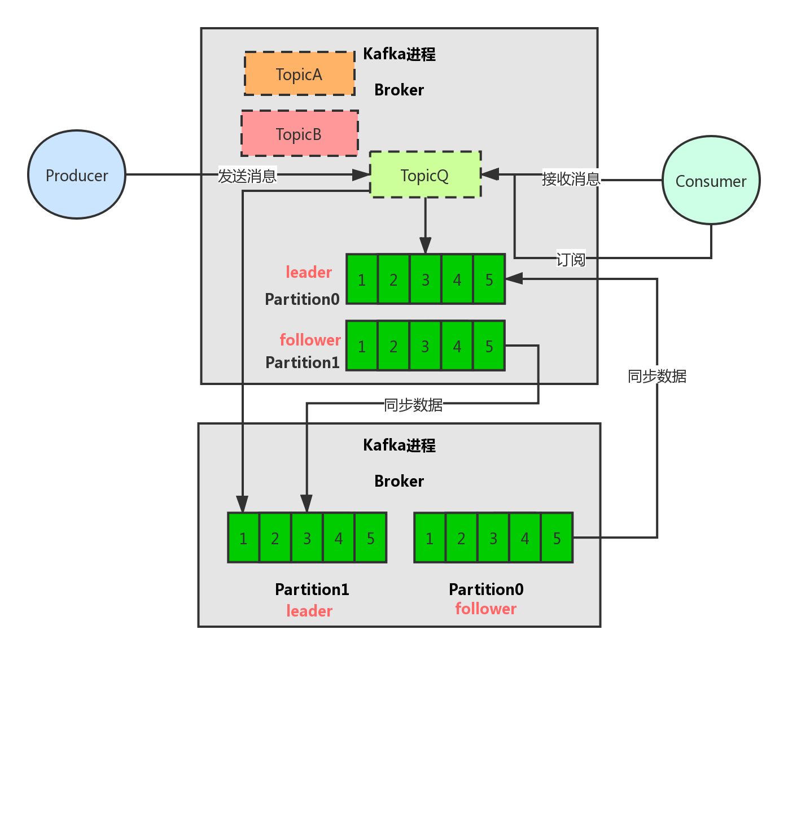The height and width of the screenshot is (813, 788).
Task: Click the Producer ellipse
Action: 77,175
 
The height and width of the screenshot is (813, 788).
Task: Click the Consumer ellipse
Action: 711,181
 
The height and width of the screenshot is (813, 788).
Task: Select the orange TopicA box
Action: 299,74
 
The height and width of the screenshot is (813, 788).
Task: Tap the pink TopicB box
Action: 299,134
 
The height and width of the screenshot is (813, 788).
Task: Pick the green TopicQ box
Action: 425,175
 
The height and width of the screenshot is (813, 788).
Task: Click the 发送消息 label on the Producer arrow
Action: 247,176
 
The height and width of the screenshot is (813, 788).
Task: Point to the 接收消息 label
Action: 571,179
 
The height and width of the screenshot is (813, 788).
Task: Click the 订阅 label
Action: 571,259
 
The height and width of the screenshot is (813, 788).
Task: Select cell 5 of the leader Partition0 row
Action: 489,279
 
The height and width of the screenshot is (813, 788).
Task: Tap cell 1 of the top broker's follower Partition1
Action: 362,346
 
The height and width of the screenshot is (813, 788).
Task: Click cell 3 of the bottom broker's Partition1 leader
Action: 307,538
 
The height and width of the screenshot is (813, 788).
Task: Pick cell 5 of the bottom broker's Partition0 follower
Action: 557,538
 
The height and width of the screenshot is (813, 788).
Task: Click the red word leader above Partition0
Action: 309,272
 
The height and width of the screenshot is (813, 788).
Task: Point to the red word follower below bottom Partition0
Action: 485,609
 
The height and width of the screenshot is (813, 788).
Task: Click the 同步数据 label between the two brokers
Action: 413,405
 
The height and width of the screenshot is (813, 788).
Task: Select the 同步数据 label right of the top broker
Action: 657,376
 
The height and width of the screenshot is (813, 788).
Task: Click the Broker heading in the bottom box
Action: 399,481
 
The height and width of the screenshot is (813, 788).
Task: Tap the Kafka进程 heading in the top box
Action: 399,54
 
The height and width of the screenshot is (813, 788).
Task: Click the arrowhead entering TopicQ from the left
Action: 361,175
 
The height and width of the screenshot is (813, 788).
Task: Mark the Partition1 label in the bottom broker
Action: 312,589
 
